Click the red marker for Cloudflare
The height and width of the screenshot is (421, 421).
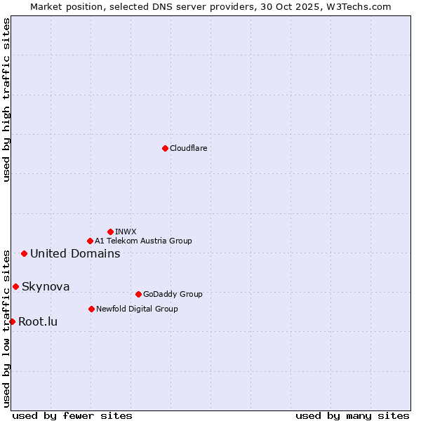coord(165,148)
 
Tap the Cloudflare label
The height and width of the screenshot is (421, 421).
coord(189,148)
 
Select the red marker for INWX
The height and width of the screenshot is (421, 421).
coord(110,232)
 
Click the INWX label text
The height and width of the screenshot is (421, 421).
coord(126,232)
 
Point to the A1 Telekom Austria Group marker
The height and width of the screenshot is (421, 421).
coord(90,241)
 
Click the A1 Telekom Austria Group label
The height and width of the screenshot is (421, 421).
coord(143,241)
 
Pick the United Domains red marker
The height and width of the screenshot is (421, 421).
coord(24,253)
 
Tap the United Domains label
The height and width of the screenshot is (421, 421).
coord(75,253)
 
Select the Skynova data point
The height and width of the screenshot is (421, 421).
coord(15,286)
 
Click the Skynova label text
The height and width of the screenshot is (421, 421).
coord(46,286)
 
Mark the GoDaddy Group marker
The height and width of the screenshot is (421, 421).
coord(138,294)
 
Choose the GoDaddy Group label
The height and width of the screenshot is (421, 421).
coord(173,294)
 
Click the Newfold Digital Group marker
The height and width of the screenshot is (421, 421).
coord(91,309)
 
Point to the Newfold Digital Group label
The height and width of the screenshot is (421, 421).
coord(137,309)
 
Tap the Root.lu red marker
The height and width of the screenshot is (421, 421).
coord(12,321)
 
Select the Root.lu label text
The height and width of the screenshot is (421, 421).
coord(38,321)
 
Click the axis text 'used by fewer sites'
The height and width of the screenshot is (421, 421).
coord(72,415)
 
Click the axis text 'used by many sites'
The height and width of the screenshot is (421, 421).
coord(352,415)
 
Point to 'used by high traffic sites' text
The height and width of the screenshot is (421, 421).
coord(6,100)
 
